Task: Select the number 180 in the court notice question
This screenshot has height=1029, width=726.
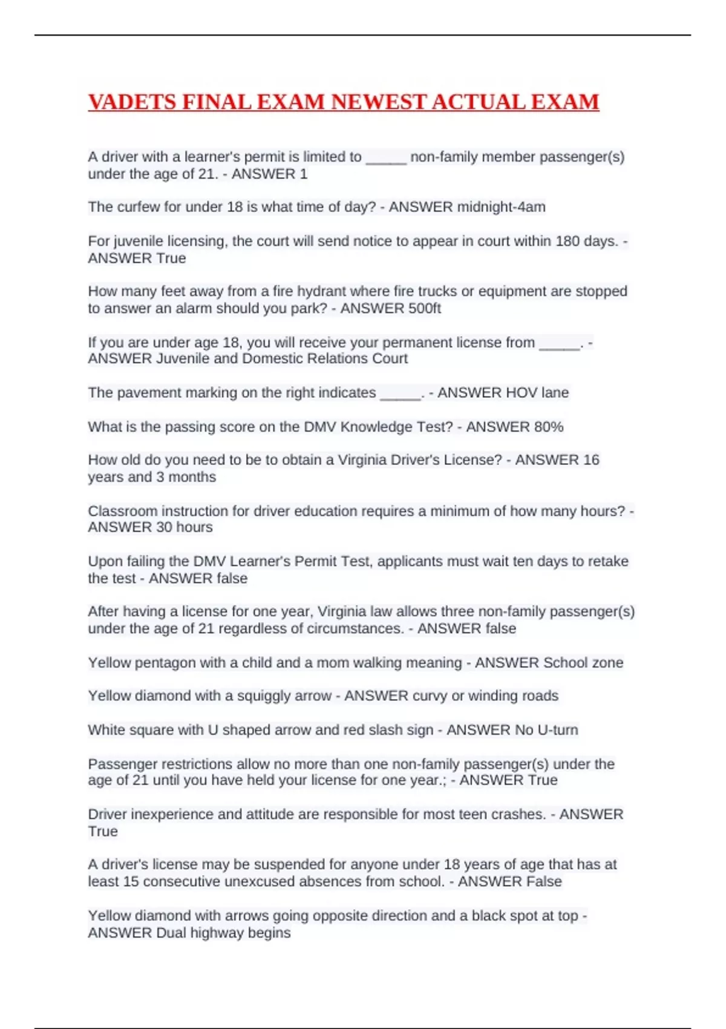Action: click(x=567, y=241)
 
